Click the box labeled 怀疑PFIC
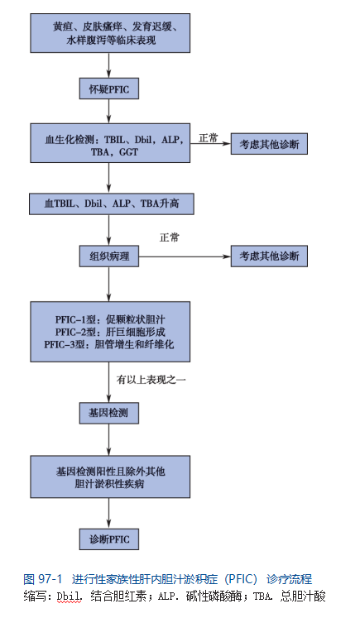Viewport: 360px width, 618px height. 109,89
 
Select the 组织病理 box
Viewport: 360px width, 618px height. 109,256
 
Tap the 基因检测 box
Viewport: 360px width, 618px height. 109,413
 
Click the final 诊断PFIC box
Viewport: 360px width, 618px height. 109,539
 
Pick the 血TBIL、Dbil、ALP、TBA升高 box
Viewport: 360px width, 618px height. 112,204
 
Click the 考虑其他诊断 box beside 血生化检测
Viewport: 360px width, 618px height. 269,144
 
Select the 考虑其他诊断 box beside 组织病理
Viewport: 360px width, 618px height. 269,256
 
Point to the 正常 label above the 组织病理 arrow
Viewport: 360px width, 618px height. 169,237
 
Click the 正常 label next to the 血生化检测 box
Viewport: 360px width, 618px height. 209,138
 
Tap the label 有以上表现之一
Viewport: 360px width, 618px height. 151,380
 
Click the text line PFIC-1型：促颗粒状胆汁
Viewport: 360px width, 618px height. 110,319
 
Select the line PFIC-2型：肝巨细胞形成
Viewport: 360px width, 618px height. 110,332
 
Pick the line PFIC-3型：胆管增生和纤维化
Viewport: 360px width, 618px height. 109,344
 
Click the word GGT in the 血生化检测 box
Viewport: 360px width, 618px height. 128,152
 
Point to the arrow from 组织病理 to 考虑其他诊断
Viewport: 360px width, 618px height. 185,256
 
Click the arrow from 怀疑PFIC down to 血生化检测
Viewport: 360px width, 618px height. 109,111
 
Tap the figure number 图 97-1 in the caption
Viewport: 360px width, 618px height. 43,579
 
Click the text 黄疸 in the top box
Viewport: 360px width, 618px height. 62,27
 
